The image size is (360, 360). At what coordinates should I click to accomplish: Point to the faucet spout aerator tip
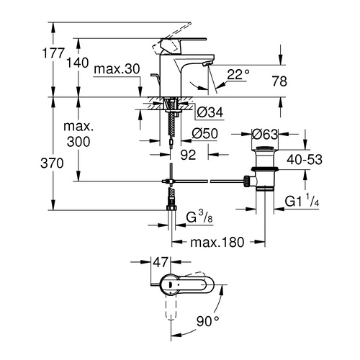207,66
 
